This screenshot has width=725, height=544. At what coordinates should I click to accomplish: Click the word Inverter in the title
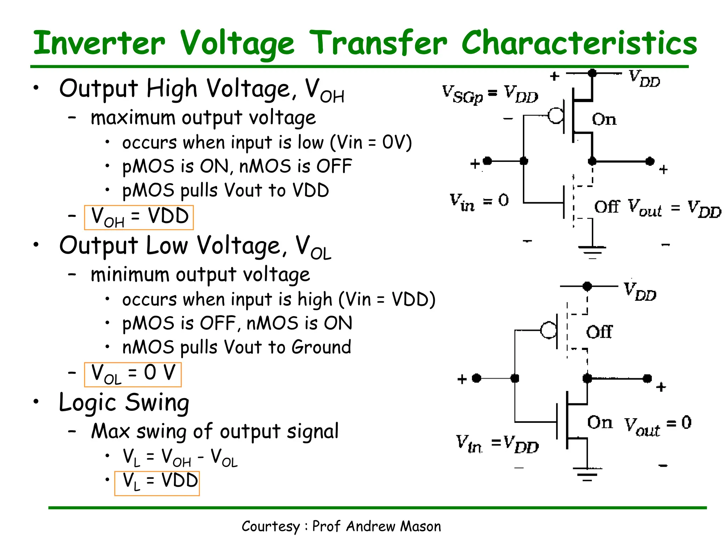99,43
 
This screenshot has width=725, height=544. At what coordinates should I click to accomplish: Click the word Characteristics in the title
579,43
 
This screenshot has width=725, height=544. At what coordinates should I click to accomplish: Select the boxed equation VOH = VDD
139,217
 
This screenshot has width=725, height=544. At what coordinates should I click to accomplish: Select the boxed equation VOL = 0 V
133,374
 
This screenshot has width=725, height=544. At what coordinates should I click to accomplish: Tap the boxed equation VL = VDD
157,483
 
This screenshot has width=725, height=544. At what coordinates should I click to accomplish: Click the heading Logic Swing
124,403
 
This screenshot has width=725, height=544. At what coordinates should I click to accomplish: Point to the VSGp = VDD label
490,94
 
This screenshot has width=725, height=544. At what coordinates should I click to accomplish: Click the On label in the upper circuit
604,119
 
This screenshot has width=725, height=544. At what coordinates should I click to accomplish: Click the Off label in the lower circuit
599,332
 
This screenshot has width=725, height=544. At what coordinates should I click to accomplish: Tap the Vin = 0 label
479,201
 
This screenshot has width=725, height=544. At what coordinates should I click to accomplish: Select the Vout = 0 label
657,424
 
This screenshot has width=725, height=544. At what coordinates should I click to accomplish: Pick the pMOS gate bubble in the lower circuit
548,330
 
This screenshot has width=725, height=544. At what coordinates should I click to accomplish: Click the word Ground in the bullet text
321,347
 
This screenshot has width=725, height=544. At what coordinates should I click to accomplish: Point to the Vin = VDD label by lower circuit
497,444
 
